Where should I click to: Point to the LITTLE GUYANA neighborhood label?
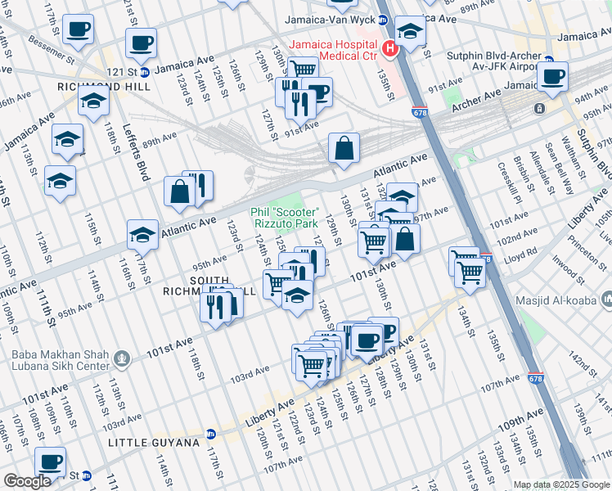click(154, 443)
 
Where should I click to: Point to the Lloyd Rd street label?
click(520, 253)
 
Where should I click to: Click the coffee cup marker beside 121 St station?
click(140, 44)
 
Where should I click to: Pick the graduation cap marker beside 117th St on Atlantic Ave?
click(142, 236)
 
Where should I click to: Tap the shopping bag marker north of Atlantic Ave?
click(344, 149)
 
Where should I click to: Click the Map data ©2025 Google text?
click(561, 484)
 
